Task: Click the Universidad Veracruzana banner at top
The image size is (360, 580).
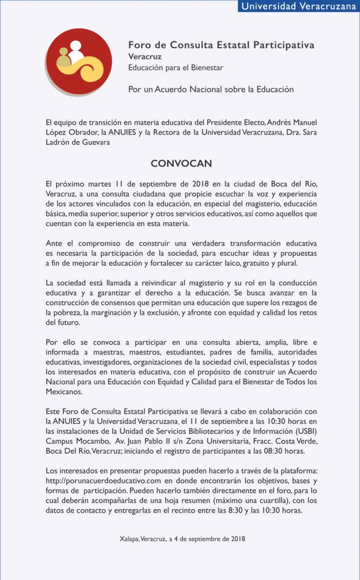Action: pos(298,6)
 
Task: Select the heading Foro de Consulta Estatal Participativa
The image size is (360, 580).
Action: pos(221,45)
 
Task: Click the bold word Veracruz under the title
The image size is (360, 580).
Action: pos(145,57)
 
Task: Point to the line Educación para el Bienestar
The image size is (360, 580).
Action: pos(175,68)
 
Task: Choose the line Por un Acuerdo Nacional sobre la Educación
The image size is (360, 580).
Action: pos(211,89)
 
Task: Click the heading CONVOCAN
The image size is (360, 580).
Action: pos(181,164)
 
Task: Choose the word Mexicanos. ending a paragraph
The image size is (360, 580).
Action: pos(64,391)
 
